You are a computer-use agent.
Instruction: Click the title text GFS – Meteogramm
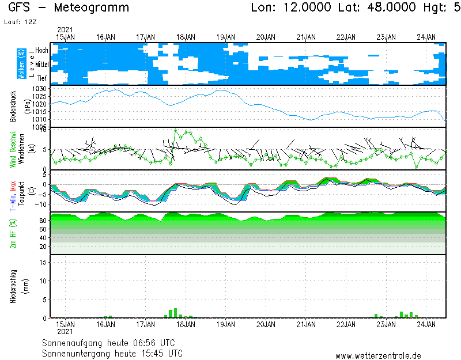click(x=69, y=7)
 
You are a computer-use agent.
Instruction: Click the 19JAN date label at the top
click(x=225, y=37)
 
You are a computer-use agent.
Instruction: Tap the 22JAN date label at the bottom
click(x=346, y=324)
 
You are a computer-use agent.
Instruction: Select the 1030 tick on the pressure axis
click(x=39, y=88)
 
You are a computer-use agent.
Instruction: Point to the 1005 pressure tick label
click(x=39, y=127)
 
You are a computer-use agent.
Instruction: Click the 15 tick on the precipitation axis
click(x=43, y=262)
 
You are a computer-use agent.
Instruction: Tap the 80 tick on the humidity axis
click(x=43, y=221)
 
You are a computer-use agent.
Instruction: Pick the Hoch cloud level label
click(x=41, y=51)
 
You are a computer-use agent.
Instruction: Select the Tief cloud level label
click(x=42, y=78)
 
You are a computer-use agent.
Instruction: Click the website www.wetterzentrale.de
click(x=378, y=356)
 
